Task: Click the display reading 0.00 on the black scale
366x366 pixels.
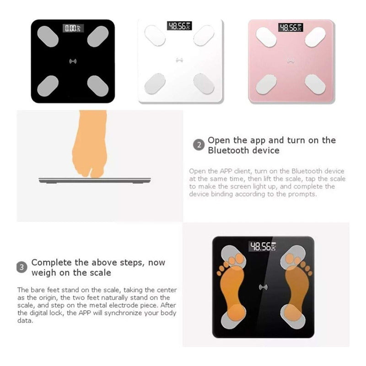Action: (x=73, y=28)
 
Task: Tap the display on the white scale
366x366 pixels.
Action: (x=179, y=26)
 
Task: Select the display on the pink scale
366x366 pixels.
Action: (x=291, y=27)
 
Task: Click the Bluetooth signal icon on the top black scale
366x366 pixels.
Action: (x=73, y=61)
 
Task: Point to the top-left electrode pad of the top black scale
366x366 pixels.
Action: (x=48, y=36)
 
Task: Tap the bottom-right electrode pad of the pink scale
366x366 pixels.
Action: (x=315, y=84)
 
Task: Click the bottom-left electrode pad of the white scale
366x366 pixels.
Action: (x=155, y=84)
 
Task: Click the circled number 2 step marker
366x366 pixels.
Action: (x=199, y=145)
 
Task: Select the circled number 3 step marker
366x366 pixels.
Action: (x=22, y=267)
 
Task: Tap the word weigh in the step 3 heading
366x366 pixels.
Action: (x=43, y=273)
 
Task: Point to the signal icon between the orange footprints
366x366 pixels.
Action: (x=264, y=287)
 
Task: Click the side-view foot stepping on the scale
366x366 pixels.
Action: (x=90, y=144)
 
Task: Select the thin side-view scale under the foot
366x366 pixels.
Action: (x=95, y=180)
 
